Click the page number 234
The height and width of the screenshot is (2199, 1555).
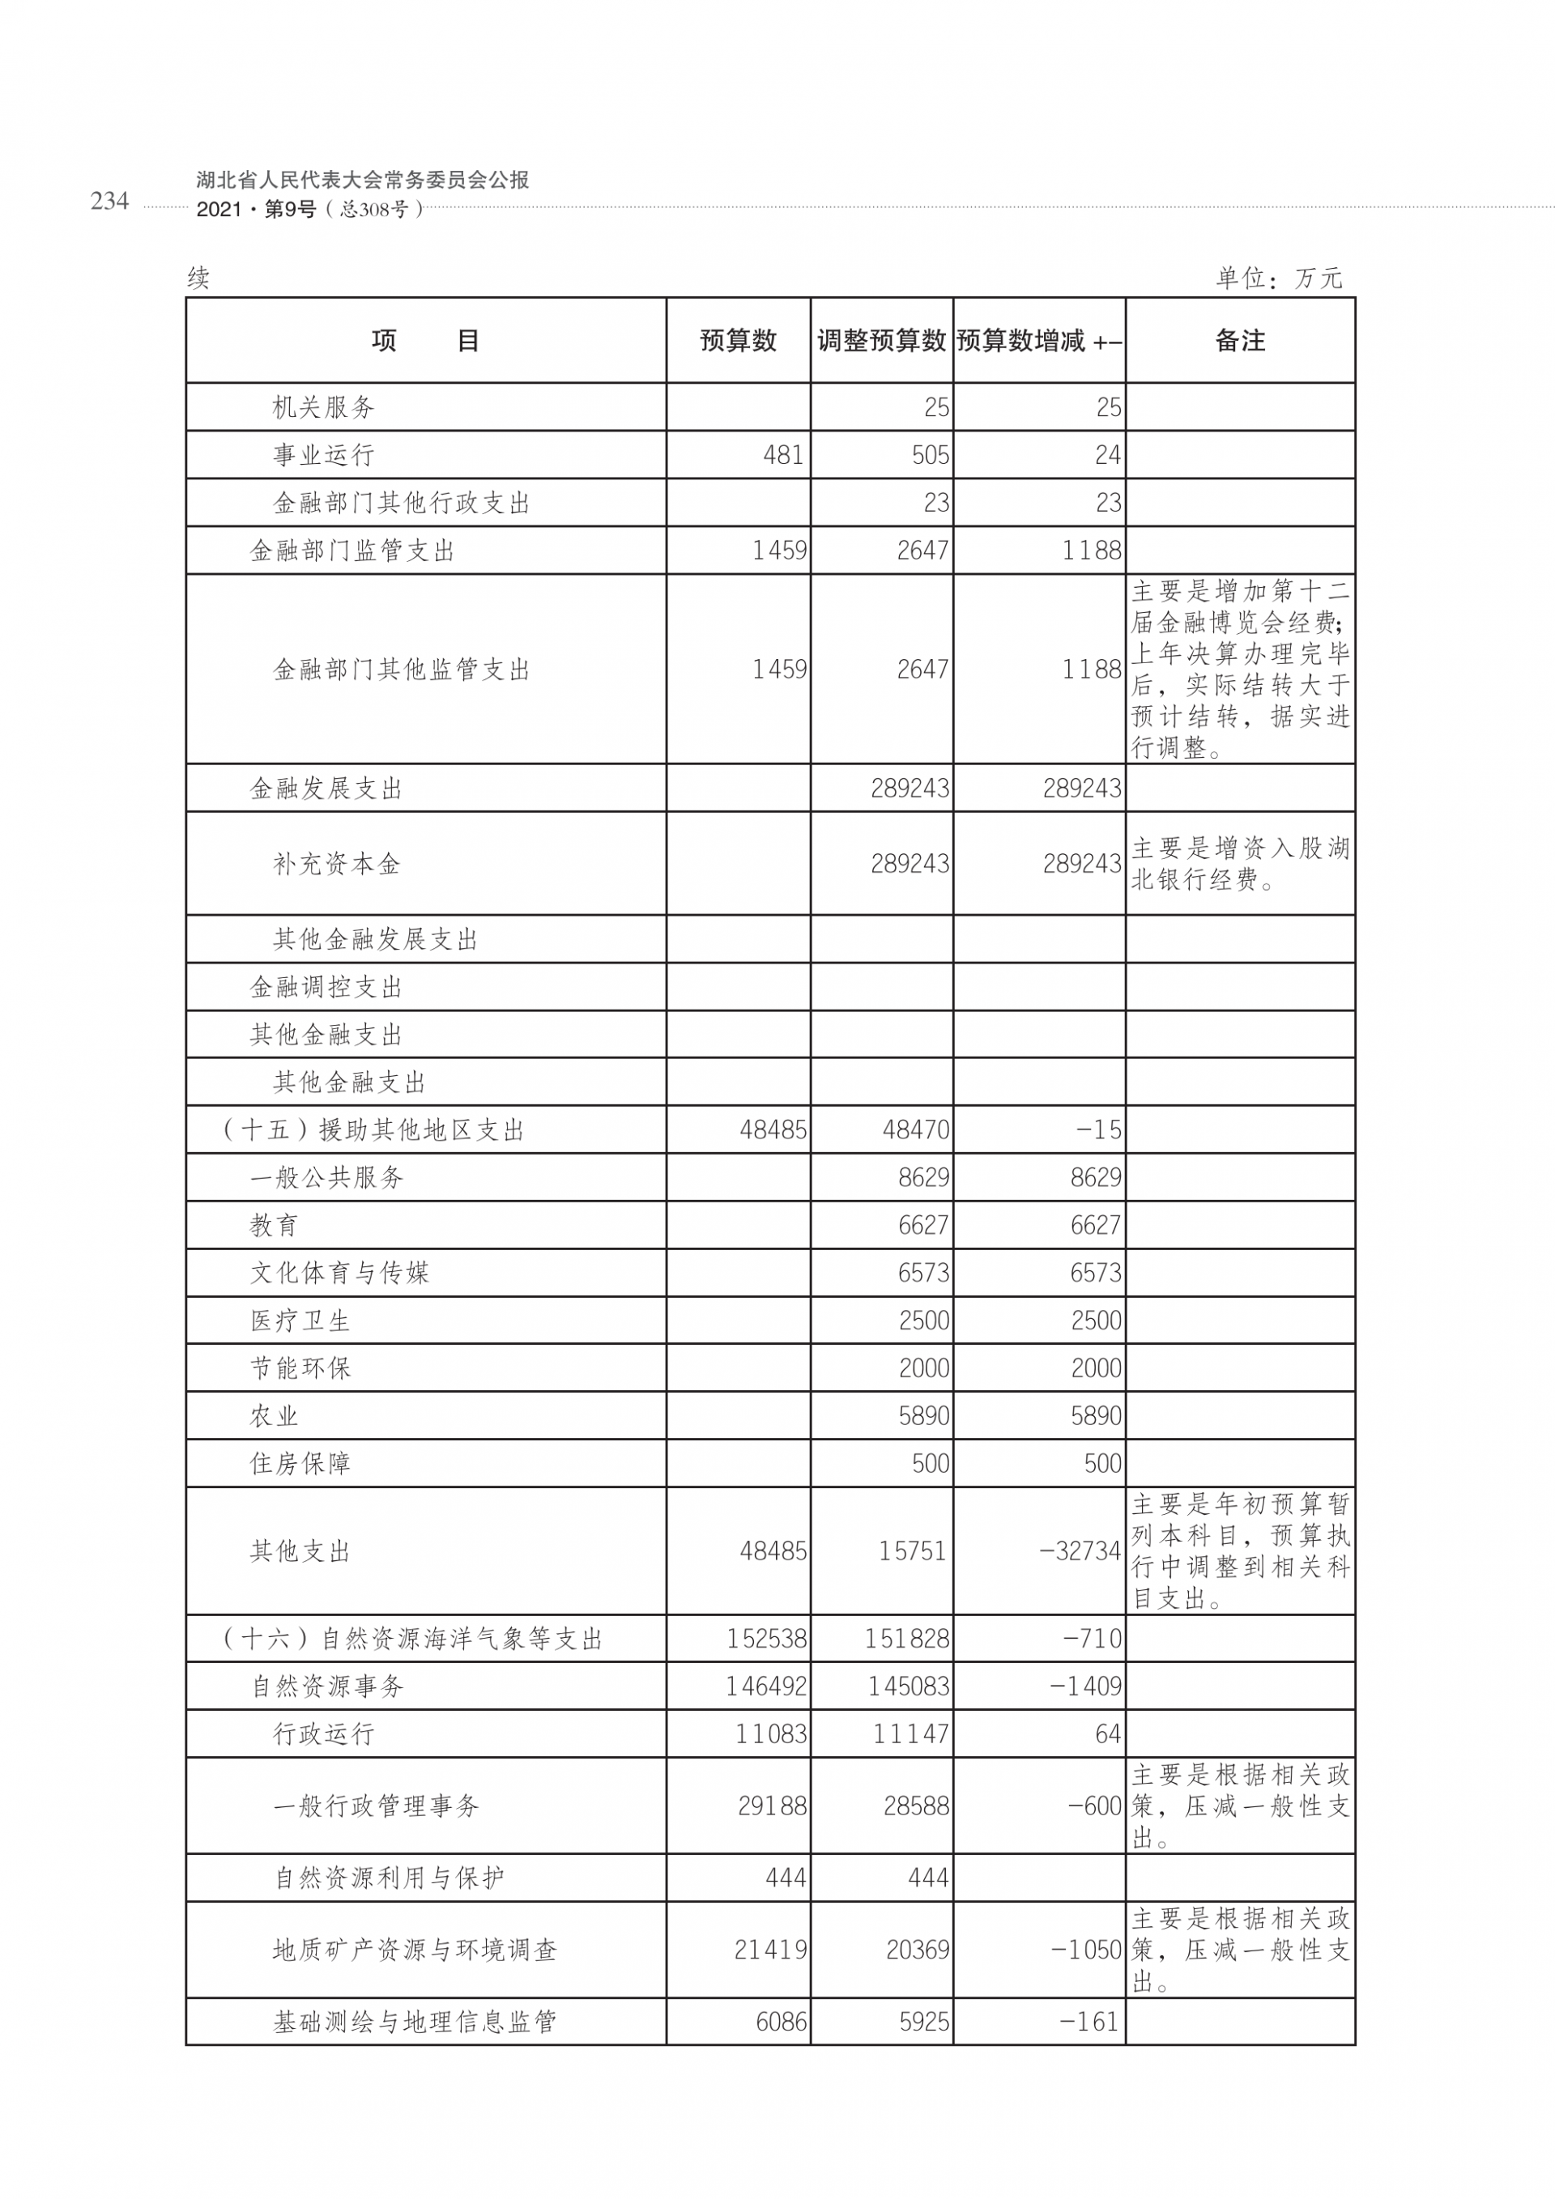click(109, 200)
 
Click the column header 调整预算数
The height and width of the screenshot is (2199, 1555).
click(880, 340)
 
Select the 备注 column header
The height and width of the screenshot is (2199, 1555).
click(1239, 340)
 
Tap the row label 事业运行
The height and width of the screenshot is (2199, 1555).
click(323, 455)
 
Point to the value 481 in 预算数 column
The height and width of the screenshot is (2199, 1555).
click(783, 455)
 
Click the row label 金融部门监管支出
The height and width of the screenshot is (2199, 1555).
click(351, 551)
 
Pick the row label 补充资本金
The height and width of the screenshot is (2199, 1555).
click(336, 864)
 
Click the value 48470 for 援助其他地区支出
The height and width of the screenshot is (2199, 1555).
click(915, 1130)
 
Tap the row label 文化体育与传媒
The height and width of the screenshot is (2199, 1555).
click(339, 1273)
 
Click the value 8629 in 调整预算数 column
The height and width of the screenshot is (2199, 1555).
click(922, 1177)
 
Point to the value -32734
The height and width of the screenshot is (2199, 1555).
click(1080, 1550)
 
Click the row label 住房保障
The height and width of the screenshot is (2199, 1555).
click(300, 1464)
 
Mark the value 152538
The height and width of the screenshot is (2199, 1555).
click(765, 1639)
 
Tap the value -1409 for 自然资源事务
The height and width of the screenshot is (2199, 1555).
click(1085, 1686)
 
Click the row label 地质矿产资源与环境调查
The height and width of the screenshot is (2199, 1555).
click(414, 1950)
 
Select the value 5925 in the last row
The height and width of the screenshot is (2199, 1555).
click(923, 2022)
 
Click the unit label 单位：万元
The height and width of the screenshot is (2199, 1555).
click(1279, 279)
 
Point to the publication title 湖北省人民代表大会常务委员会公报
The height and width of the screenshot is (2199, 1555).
click(362, 179)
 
